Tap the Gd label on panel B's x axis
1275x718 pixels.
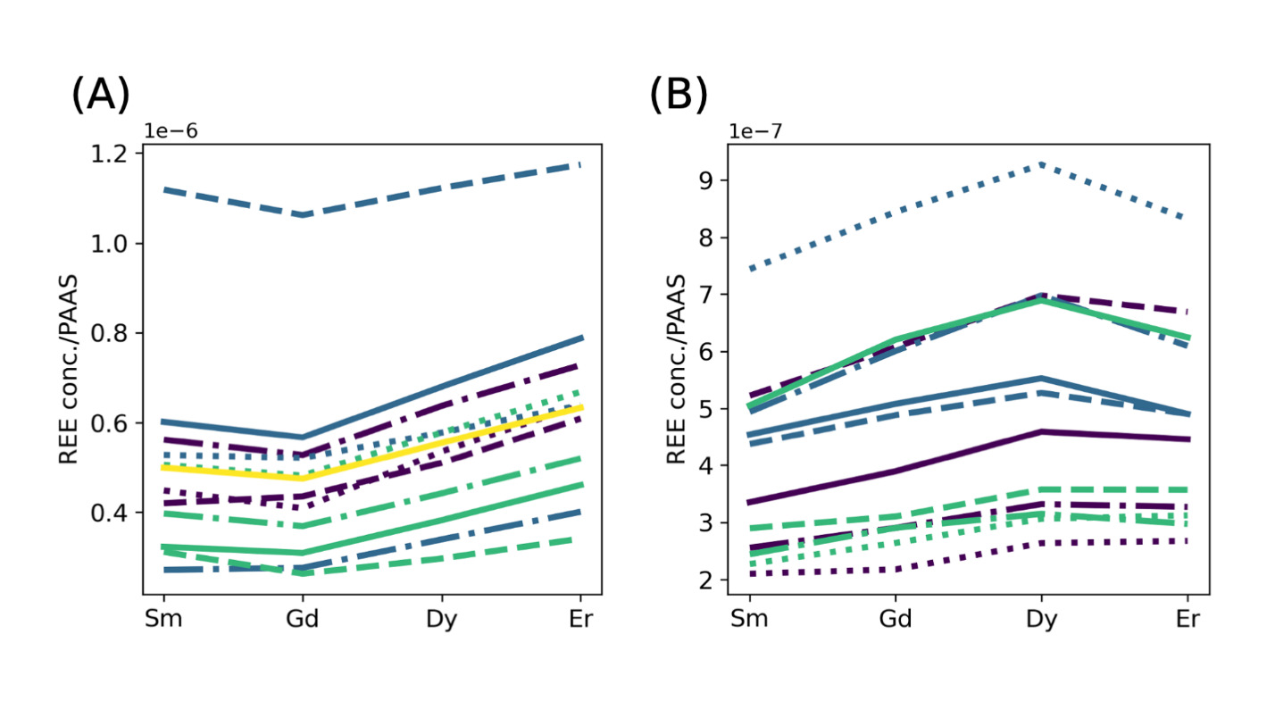tap(895, 620)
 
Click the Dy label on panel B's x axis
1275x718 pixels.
tap(1041, 620)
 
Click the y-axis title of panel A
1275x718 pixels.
tap(70, 369)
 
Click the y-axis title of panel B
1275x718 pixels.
tap(677, 369)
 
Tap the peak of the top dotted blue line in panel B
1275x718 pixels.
tap(1041, 165)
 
